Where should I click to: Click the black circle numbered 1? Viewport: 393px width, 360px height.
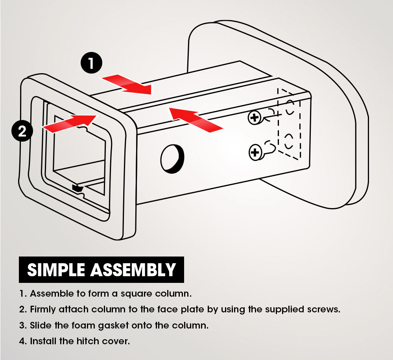91,63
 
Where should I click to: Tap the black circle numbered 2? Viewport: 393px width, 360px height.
22,131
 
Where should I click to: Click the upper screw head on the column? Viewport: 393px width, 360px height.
255,117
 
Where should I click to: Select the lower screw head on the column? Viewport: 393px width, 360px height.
256,152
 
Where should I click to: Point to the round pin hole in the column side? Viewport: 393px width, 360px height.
172,159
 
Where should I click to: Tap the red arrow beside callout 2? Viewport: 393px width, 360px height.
70,122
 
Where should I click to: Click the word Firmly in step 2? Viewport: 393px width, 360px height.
42,309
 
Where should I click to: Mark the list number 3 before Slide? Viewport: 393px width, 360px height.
22,325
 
